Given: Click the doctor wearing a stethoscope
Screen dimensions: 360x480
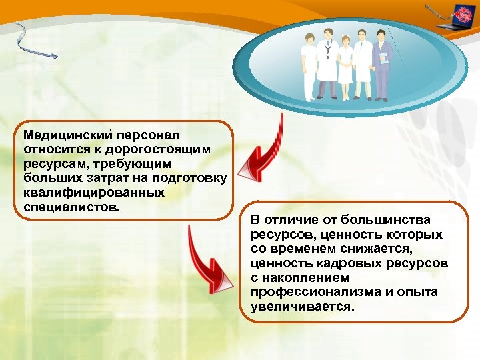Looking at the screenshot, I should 326,67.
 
